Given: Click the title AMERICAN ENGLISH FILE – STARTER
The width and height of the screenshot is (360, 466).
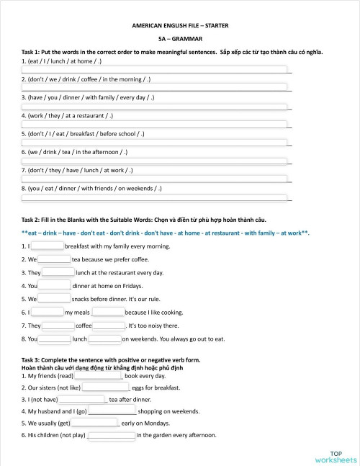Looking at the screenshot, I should point(180,24).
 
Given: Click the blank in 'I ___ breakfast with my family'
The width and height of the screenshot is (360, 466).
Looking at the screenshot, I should point(48,246).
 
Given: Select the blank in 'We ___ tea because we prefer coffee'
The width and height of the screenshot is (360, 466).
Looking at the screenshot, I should point(54,259).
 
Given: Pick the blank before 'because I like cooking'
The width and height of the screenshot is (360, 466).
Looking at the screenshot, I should point(108,313).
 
